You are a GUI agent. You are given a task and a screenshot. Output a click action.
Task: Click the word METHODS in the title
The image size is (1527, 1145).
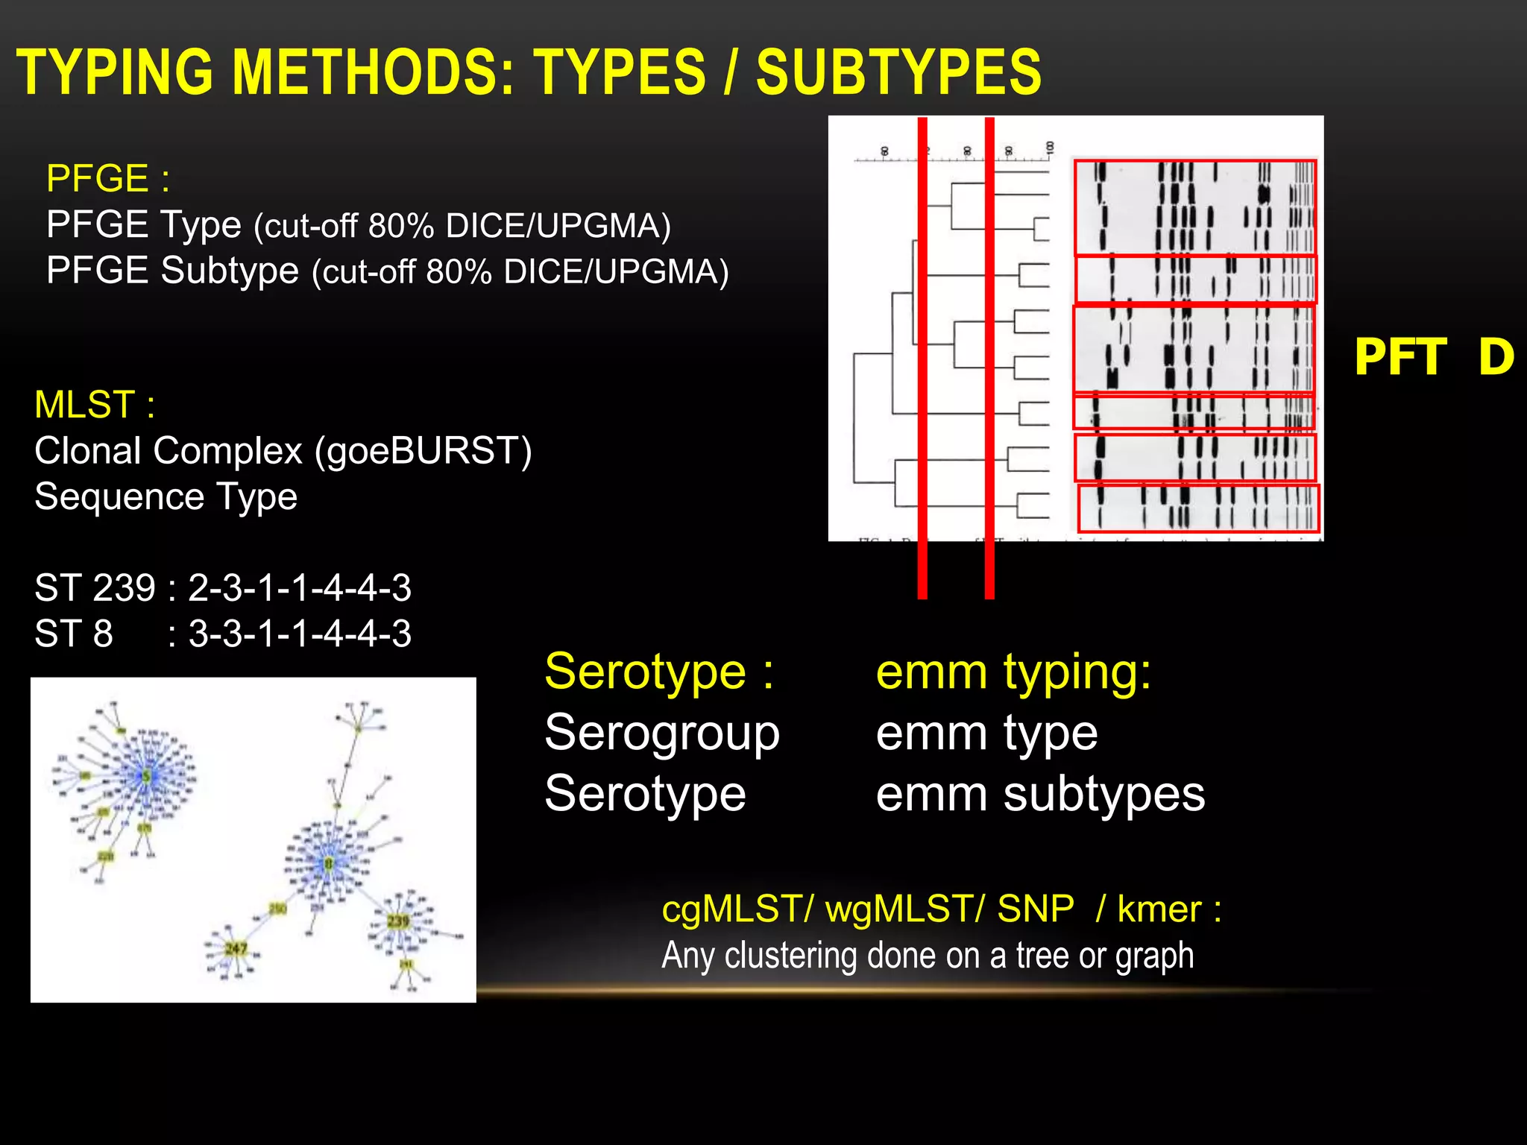point(373,72)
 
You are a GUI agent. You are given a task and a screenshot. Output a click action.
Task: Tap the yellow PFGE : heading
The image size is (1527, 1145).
point(107,179)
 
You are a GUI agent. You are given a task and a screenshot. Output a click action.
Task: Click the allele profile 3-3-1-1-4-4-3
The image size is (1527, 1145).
point(300,634)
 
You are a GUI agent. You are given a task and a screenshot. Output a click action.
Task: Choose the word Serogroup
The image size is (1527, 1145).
point(662,733)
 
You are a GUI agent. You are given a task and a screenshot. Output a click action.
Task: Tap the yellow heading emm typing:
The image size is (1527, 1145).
point(1013,672)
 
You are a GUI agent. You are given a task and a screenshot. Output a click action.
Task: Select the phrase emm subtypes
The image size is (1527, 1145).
point(1040,794)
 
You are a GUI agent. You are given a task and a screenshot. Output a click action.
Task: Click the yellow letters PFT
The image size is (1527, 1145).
point(1400,357)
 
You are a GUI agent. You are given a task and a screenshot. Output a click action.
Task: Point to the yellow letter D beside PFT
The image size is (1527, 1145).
point(1496,357)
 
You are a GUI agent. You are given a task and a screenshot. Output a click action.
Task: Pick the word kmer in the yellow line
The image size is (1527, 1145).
point(1159,909)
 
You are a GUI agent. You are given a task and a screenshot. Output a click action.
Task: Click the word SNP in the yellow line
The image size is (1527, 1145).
point(1036,909)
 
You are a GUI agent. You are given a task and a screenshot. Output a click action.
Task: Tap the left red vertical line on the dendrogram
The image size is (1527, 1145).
point(922,358)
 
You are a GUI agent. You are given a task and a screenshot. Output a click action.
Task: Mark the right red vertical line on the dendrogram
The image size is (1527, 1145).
point(989,358)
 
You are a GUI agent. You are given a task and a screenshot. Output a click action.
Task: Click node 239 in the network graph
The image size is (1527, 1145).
point(398,921)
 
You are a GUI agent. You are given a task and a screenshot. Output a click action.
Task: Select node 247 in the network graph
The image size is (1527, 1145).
point(236,948)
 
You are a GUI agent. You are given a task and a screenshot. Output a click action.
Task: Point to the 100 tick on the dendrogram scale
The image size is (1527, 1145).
point(1049,148)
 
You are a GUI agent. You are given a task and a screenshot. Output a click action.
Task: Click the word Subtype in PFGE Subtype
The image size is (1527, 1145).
point(230,271)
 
